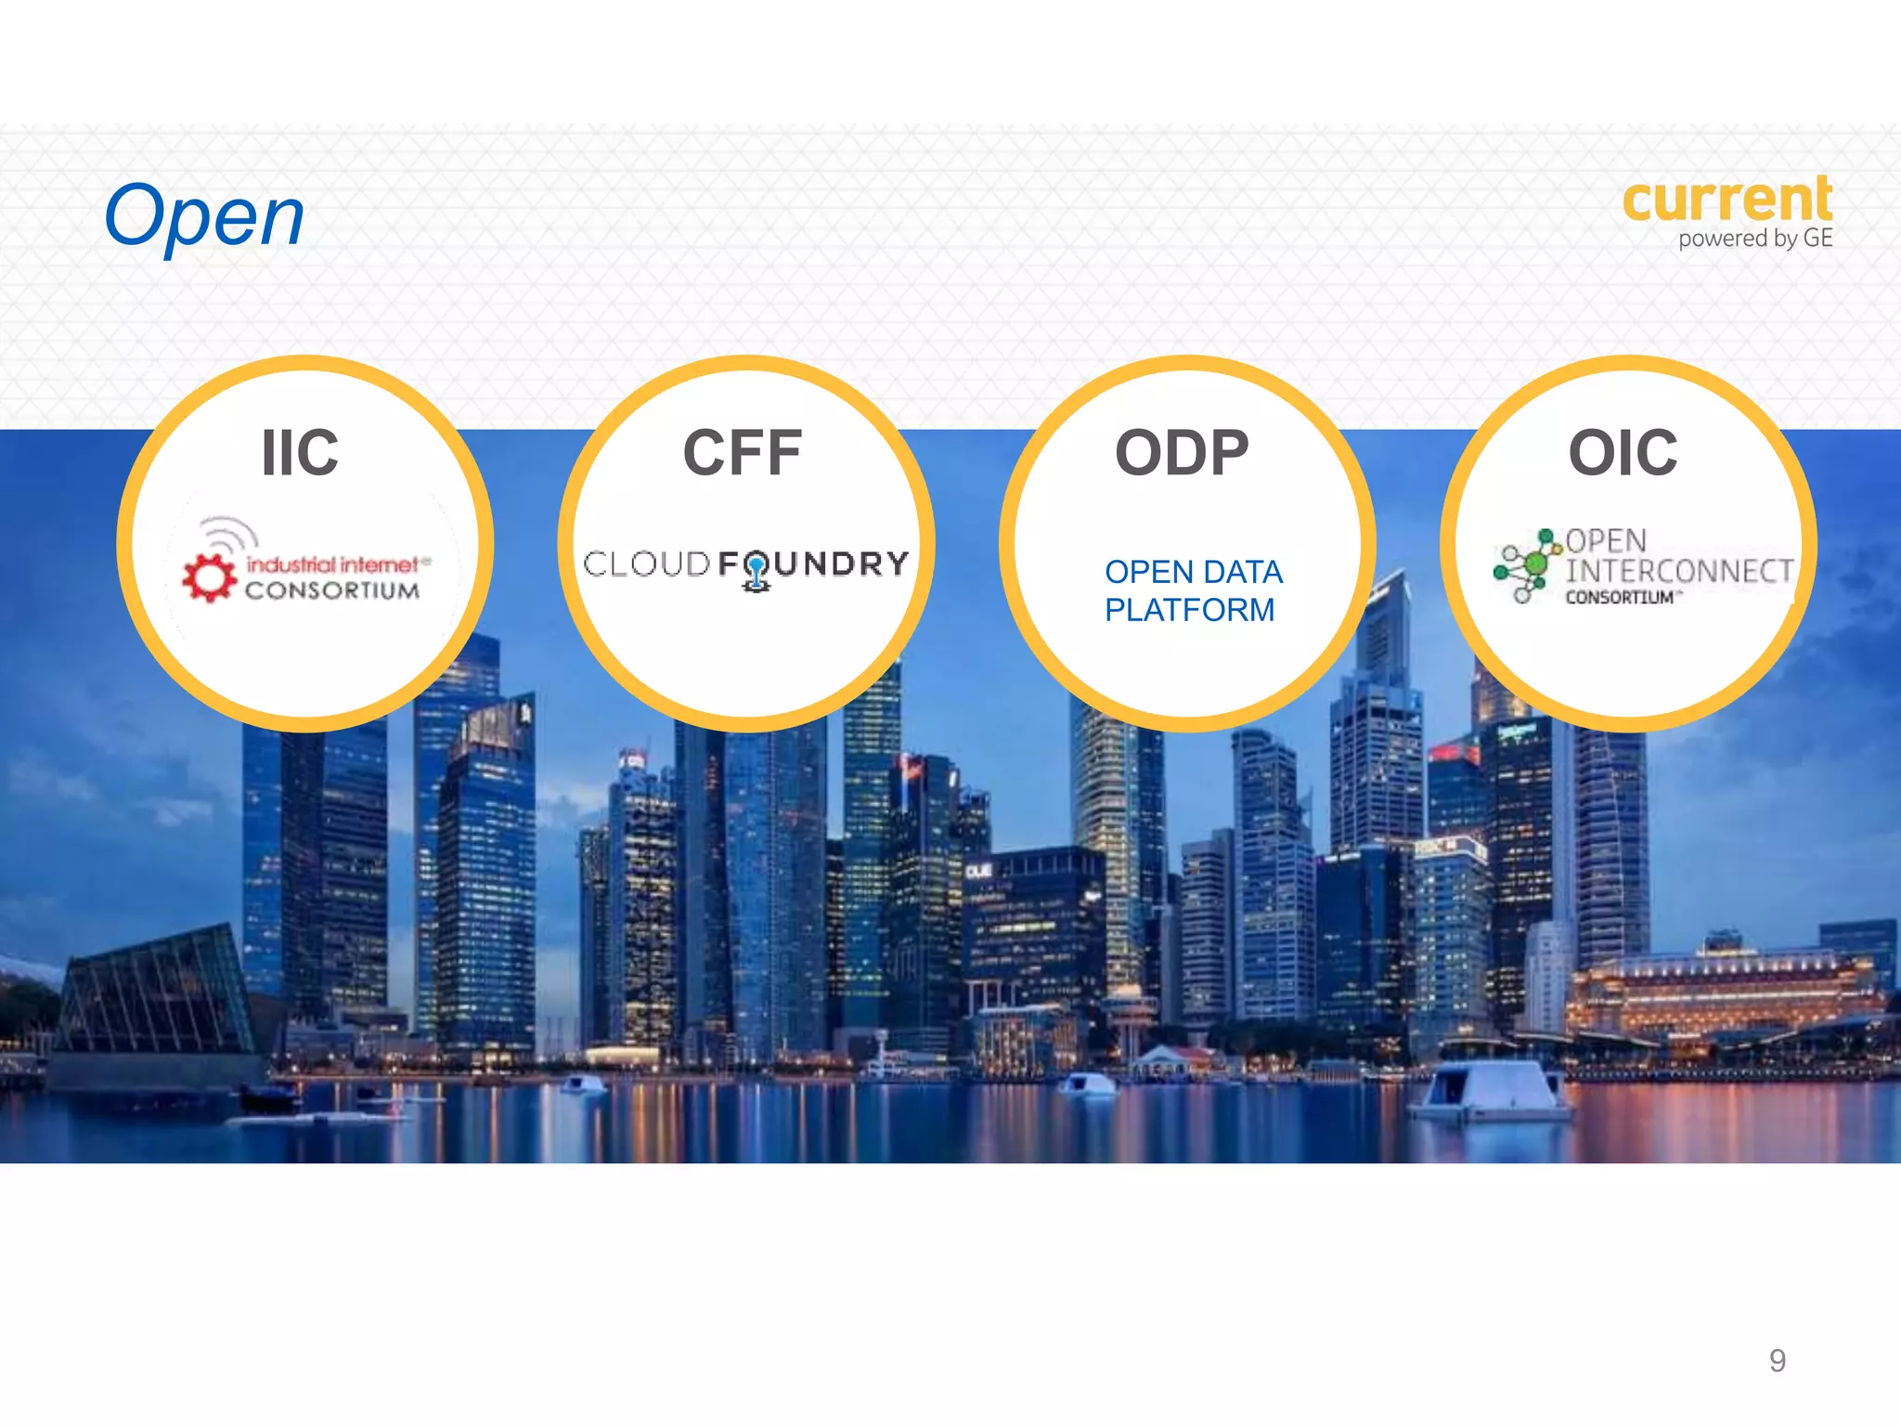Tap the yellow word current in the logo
tap(1726, 199)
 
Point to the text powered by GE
tap(1754, 239)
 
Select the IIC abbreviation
tap(300, 453)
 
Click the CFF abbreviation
tap(742, 453)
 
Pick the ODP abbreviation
tap(1182, 453)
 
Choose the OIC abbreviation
tap(1623, 453)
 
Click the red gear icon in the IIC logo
tap(209, 577)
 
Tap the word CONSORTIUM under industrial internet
tap(332, 590)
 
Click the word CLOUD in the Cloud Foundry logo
tap(647, 564)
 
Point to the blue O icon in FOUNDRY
tap(757, 567)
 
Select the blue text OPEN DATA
tap(1194, 572)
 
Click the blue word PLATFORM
tap(1189, 610)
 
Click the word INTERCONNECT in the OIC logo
tap(1679, 570)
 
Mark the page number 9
tap(1777, 1360)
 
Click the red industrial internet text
tap(332, 564)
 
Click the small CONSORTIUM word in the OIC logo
tap(1620, 597)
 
